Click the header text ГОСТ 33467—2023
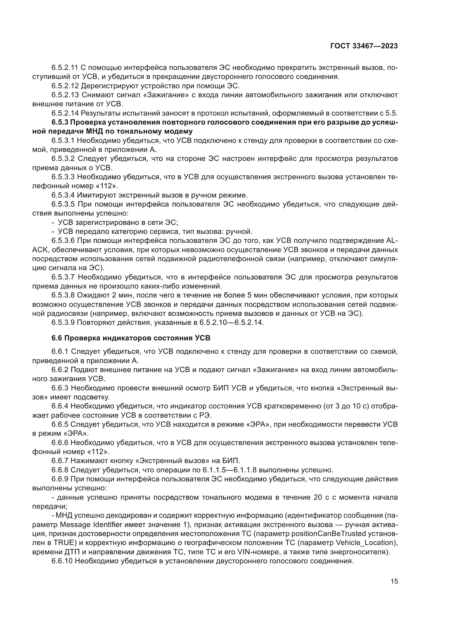pyautogui.click(x=364, y=46)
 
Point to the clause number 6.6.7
pyautogui.click(x=60, y=461)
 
